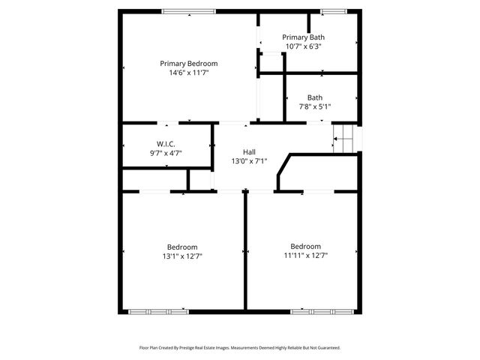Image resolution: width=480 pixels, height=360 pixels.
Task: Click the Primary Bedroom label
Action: coord(188,64)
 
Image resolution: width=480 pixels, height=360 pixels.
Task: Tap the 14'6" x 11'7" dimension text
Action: coord(188,73)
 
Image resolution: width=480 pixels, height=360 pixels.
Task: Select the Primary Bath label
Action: coord(303,37)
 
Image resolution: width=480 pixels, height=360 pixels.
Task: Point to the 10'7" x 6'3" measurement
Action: coord(303,46)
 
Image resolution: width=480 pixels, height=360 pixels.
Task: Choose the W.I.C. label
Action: coord(166,143)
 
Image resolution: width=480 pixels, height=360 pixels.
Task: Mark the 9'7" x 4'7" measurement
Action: coord(166,153)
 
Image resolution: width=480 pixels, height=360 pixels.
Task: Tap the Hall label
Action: coord(249,151)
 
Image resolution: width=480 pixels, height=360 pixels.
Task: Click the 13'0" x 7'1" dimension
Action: coord(249,160)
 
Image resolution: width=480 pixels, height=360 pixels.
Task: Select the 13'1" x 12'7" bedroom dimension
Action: coord(182,256)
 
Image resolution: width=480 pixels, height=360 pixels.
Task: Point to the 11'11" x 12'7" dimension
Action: coord(305,256)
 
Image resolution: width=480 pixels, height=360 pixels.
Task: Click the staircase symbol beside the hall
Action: coord(343,139)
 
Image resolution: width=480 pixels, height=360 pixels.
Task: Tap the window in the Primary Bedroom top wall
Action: coord(189,11)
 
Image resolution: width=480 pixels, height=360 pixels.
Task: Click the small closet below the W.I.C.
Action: coord(154,181)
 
